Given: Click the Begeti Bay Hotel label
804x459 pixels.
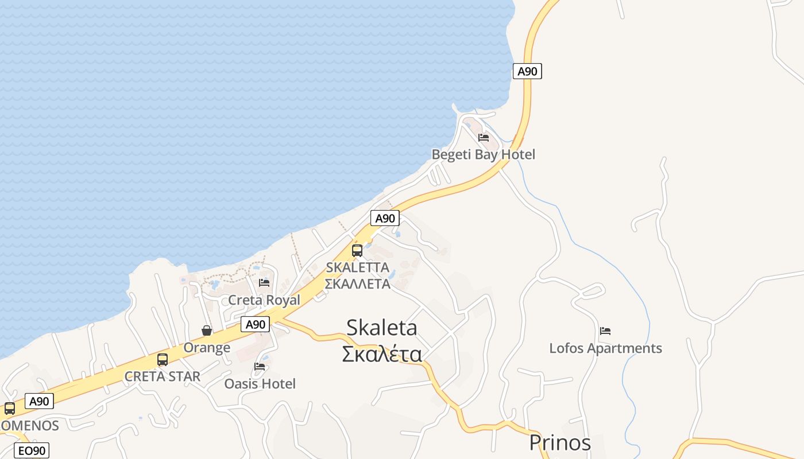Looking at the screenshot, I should [x=483, y=154].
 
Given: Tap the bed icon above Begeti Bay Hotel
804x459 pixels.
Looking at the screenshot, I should [x=484, y=138].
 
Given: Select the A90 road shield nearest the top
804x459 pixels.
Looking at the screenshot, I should [x=527, y=71].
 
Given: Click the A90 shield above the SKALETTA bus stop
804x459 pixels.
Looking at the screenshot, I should [x=385, y=218].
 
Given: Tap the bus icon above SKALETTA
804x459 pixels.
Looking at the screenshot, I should [x=357, y=250].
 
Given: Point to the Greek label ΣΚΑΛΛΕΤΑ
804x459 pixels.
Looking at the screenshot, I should [x=357, y=283].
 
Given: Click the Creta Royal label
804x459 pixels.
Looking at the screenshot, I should [x=264, y=299].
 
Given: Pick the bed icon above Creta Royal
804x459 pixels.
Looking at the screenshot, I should [x=264, y=282].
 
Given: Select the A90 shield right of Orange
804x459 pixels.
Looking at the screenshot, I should [x=255, y=324].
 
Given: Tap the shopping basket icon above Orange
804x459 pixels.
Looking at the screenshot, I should [x=207, y=330].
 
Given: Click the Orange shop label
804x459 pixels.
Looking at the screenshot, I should [x=207, y=347].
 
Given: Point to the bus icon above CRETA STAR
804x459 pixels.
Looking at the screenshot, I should [x=163, y=360].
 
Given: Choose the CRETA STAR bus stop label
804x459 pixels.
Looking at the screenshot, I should [x=163, y=376].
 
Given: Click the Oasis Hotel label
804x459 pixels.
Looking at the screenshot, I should [x=260, y=383].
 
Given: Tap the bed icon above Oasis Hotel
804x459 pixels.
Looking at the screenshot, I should [x=260, y=366].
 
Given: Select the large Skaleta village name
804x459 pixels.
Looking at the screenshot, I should [x=382, y=327].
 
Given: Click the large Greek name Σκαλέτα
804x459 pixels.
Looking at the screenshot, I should [x=382, y=354].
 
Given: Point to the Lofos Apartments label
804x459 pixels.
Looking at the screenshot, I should [x=605, y=348].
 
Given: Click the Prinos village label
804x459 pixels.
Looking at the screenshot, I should [x=560, y=442].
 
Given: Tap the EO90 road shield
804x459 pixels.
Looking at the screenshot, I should [x=31, y=450].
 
